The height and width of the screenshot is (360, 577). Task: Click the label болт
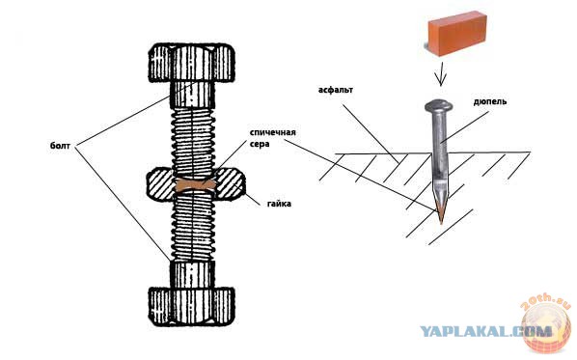coord(60,146)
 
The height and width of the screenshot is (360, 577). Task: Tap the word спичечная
coord(273,132)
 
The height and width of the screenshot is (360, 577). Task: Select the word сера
coord(260,144)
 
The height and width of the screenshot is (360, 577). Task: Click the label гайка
coord(279,204)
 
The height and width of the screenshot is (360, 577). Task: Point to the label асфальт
coord(336,90)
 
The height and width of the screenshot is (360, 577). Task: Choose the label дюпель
coord(489,101)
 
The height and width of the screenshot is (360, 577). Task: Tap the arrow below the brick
coord(441,73)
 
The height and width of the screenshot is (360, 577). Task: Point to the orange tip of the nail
coord(441,213)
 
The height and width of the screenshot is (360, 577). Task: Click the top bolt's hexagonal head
coord(191,63)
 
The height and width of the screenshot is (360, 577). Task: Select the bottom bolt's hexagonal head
coord(191,307)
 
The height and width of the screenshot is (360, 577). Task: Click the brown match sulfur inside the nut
coord(194,185)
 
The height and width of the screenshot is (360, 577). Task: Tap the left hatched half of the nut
coord(161,185)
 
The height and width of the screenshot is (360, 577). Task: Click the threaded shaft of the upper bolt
coord(192,141)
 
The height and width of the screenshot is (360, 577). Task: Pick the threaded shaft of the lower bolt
coord(192,228)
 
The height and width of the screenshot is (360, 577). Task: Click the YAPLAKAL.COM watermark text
coord(485,331)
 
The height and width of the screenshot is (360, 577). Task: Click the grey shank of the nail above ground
coord(440,132)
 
